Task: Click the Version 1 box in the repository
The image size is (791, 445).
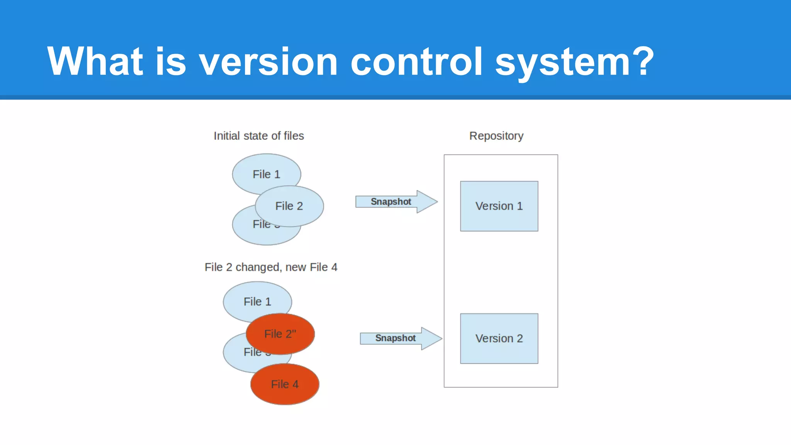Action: click(x=499, y=206)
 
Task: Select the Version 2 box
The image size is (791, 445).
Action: click(x=499, y=338)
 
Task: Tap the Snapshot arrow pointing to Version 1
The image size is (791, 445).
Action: click(x=395, y=202)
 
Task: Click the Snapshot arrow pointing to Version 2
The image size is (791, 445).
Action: click(x=400, y=338)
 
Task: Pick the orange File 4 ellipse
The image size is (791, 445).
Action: click(x=285, y=384)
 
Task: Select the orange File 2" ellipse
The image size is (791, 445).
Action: click(x=280, y=334)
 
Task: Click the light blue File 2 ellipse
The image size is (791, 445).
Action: click(x=289, y=206)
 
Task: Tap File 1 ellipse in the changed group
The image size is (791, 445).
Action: click(x=257, y=300)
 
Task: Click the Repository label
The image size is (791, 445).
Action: click(x=496, y=136)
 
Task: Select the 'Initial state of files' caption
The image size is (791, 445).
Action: click(x=259, y=136)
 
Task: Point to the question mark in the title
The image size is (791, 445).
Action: click(x=641, y=61)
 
